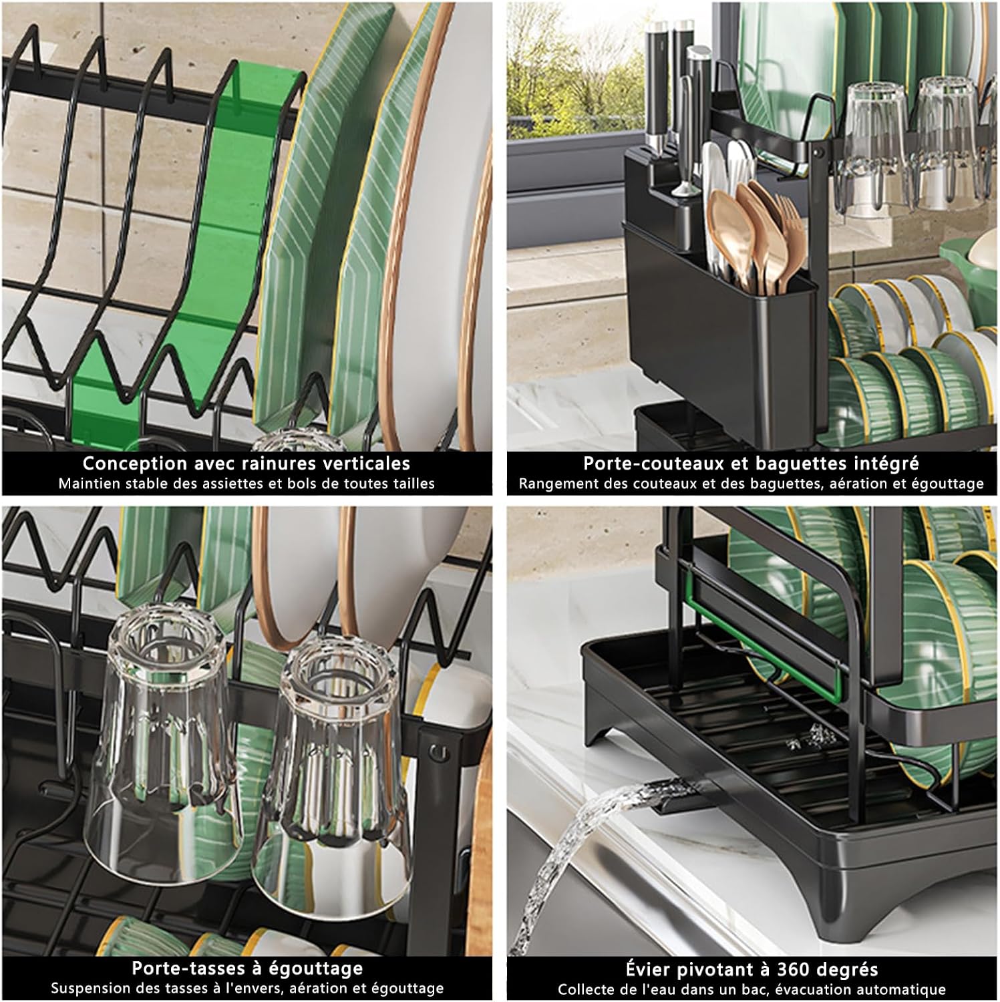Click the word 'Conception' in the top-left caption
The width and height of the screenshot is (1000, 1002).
(126, 463)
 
